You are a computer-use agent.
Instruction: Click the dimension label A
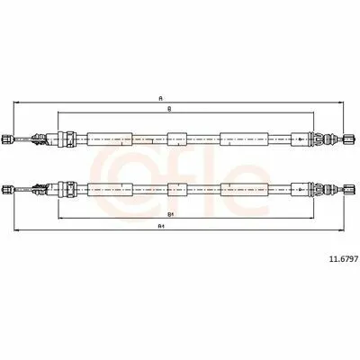tap(161, 98)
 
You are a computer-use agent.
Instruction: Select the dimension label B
tap(169, 110)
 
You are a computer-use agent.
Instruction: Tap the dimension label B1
tap(170, 214)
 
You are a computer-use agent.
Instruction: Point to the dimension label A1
tap(161, 227)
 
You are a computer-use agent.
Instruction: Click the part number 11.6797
tap(344, 259)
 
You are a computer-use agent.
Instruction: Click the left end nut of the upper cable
tap(7, 139)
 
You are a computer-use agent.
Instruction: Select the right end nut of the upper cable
tap(349, 139)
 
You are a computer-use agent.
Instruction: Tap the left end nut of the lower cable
tap(7, 189)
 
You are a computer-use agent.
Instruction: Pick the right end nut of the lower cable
tap(349, 189)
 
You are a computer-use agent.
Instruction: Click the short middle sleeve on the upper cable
tap(177, 139)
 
